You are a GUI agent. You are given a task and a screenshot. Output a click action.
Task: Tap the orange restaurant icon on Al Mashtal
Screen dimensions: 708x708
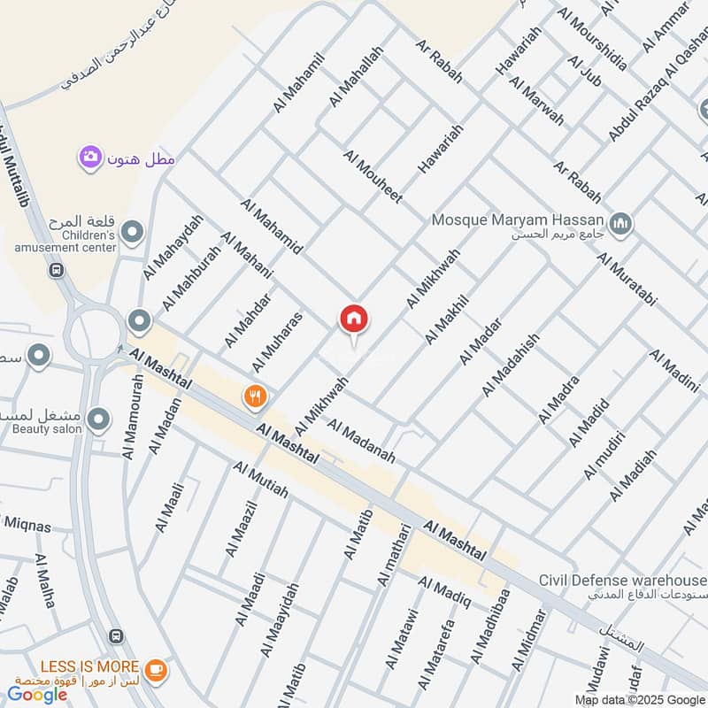pyautogui.click(x=255, y=396)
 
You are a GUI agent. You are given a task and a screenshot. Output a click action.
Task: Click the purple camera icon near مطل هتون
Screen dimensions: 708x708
pyautogui.click(x=89, y=158)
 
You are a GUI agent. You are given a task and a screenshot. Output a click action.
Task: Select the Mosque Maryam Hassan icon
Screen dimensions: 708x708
pyautogui.click(x=622, y=223)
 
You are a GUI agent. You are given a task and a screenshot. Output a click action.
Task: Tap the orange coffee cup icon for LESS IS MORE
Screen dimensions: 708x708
pyautogui.click(x=156, y=670)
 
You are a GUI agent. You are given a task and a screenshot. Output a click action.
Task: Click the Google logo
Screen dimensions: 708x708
pyautogui.click(x=38, y=695)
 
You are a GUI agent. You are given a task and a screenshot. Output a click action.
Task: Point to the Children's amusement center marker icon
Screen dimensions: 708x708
pyautogui.click(x=133, y=233)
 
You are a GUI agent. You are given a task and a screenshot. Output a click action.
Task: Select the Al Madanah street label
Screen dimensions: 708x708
pyautogui.click(x=360, y=442)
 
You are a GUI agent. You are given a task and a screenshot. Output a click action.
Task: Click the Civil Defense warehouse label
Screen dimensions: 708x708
pyautogui.click(x=623, y=581)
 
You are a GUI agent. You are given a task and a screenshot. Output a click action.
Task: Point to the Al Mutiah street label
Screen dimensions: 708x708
pyautogui.click(x=260, y=479)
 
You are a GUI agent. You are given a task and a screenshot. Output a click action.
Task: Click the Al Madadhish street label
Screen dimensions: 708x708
pyautogui.click(x=510, y=365)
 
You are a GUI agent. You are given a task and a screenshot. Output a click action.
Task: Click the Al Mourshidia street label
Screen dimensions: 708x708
pyautogui.click(x=592, y=39)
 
